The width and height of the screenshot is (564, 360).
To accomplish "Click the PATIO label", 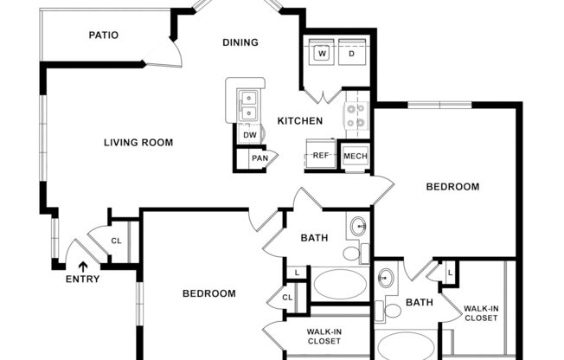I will click(x=103, y=35).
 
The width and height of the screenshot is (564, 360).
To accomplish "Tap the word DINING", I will click(x=240, y=42).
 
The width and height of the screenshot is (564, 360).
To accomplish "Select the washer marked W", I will click(x=323, y=53).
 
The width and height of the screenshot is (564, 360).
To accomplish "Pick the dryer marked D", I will click(x=353, y=53).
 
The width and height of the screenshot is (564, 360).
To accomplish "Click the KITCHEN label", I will click(x=299, y=121).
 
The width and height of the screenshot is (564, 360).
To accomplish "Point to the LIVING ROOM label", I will click(x=138, y=143).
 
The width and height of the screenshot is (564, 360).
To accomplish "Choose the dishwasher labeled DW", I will click(x=249, y=135).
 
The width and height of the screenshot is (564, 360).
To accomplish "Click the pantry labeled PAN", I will click(x=259, y=158).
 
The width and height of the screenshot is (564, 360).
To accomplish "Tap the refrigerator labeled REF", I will click(x=321, y=156).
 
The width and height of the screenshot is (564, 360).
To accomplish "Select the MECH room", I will click(x=356, y=156).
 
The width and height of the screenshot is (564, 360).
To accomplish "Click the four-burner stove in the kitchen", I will click(x=356, y=115).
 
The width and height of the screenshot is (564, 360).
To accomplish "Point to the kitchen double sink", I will click(x=248, y=105).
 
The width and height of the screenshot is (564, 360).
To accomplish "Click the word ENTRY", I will click(x=83, y=280).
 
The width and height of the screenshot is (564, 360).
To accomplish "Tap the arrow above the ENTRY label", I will click(x=83, y=267).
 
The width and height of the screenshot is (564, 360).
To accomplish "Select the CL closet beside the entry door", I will click(x=116, y=241).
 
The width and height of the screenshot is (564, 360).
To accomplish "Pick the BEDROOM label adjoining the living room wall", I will click(x=208, y=293).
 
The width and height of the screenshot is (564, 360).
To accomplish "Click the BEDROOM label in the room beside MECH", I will click(x=452, y=186).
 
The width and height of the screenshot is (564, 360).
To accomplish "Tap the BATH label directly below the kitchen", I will click(x=313, y=238).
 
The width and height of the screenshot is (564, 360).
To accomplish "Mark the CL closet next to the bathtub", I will click(x=287, y=299).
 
